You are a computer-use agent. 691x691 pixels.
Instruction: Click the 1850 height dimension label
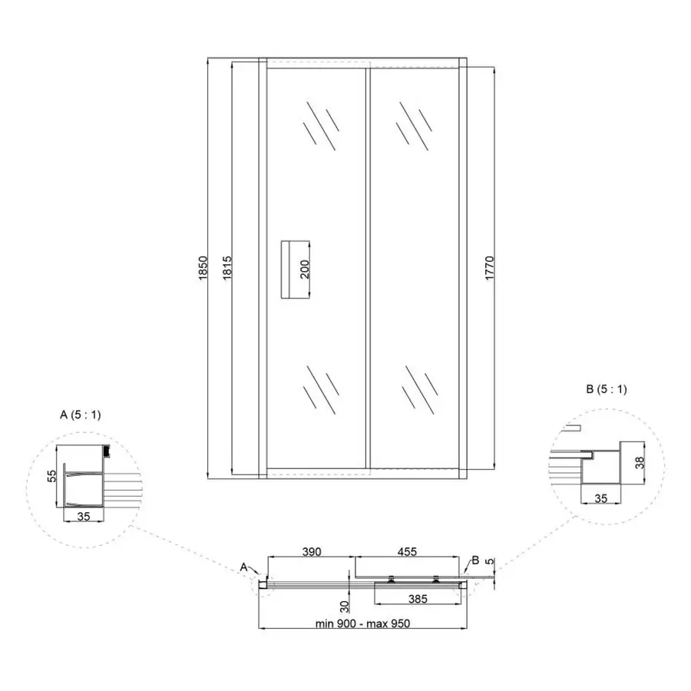pos(203,268)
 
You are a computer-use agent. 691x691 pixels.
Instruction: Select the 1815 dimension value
pos(227,268)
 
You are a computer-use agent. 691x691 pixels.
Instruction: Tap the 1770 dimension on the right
pos(490,268)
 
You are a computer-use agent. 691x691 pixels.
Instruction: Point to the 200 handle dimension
pos(305,269)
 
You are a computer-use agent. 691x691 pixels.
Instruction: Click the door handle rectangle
pos(296,269)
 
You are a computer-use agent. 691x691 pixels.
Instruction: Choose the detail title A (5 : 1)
pos(80,415)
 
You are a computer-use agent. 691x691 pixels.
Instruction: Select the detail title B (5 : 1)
pos(607,389)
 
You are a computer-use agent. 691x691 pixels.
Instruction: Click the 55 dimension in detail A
pos(52,476)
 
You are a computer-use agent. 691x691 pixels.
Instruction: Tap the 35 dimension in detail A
pos(83,516)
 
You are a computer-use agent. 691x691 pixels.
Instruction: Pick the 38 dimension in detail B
pos(640,462)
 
